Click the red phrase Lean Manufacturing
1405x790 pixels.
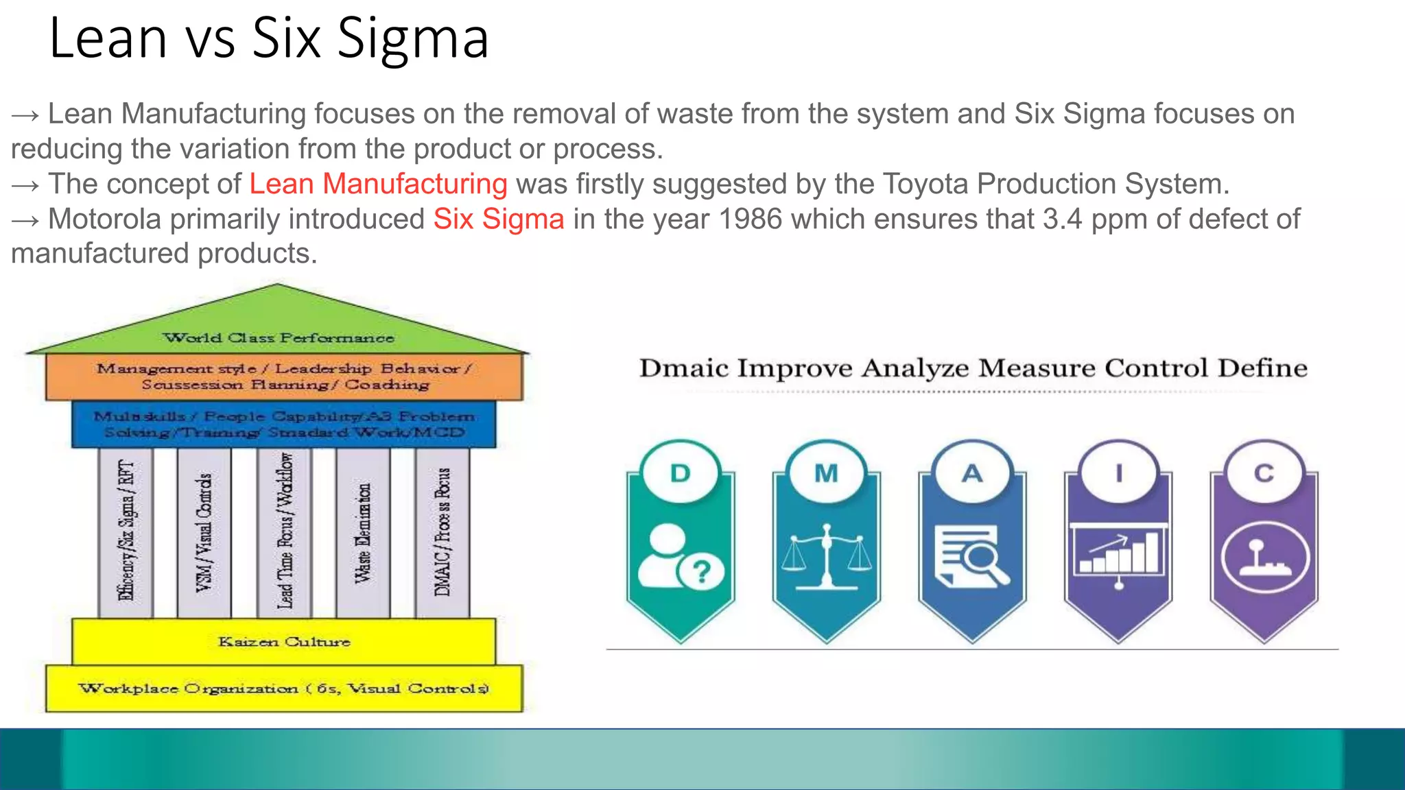coord(378,184)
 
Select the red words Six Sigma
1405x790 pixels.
coord(499,219)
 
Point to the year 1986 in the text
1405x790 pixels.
coord(750,219)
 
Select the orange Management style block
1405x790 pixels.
coord(283,376)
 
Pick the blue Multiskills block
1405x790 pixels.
coord(283,424)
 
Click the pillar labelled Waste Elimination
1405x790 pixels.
coord(363,533)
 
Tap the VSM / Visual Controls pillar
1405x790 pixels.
coord(204,533)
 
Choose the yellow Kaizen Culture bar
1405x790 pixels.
coord(283,642)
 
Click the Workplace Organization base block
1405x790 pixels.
coord(283,688)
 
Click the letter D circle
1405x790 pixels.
coord(680,473)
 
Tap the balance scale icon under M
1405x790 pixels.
coord(826,557)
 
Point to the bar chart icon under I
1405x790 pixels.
coord(1118,555)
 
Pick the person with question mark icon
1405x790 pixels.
coord(680,557)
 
